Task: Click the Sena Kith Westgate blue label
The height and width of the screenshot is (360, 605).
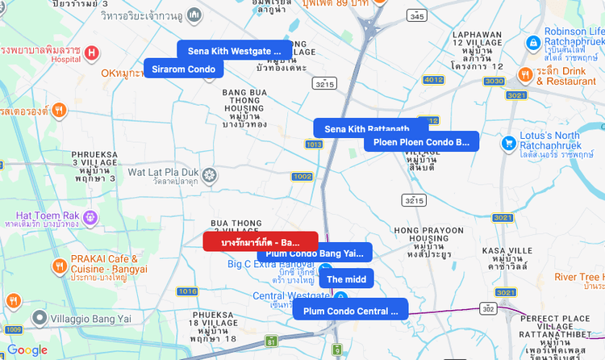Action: point(235,51)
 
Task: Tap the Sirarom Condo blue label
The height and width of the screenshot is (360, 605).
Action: point(184,69)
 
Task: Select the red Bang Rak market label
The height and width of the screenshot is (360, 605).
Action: point(260,241)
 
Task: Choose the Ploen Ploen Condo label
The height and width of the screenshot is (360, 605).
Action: point(421,141)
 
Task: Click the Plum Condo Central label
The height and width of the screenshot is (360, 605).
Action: point(350,309)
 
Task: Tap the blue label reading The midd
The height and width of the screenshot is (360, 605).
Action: point(346,278)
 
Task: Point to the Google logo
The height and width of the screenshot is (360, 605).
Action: point(27,350)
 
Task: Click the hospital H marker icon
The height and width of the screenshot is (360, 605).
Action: point(91,53)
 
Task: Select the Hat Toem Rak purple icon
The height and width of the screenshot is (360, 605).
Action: point(90,216)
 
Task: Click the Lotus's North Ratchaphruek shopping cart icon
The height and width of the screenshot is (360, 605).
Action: point(508,143)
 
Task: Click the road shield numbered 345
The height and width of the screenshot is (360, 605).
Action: point(417,15)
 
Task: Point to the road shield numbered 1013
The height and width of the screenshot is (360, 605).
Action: point(314,144)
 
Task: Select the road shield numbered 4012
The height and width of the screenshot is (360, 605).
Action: point(433,79)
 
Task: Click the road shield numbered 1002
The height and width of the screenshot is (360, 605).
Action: point(302,176)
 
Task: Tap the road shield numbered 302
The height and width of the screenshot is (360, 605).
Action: point(488,308)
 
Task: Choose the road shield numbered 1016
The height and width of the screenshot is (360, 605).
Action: point(187,291)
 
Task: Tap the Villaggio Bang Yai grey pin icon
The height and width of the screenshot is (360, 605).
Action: point(37,320)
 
